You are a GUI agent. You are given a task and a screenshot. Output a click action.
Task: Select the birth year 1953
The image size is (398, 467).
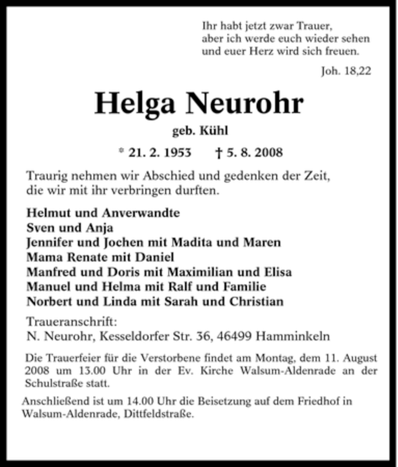point(177,152)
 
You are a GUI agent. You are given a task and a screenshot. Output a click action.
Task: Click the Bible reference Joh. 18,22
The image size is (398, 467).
point(346,71)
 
